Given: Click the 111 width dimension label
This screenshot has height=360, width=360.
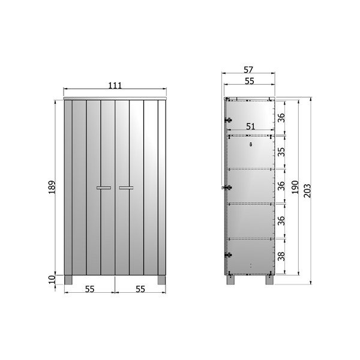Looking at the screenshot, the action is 115,85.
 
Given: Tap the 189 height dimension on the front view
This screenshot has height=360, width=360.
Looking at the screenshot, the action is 52,187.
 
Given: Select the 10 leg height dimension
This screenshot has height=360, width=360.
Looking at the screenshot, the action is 52,280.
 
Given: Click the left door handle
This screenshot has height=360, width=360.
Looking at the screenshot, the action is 104,188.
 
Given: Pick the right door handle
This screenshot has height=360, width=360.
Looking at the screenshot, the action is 126,188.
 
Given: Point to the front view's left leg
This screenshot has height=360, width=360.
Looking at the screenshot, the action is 68,280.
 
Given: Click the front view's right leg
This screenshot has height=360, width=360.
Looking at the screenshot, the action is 161,280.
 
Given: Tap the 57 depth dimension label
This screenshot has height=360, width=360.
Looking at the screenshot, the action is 248,70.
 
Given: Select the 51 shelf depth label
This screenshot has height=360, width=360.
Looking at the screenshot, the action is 250,126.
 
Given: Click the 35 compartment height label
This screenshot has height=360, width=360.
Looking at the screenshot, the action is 281,152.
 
